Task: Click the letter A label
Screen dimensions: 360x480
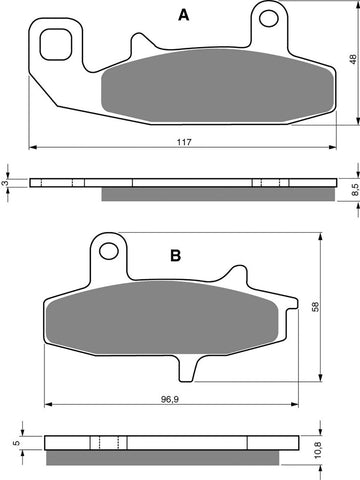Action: point(184,15)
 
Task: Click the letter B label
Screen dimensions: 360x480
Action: point(176,256)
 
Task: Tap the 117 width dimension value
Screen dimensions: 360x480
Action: point(184,142)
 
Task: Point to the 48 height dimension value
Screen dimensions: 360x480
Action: point(354,60)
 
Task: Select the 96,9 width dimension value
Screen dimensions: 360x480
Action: point(170,399)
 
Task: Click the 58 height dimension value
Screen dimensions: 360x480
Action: point(315,307)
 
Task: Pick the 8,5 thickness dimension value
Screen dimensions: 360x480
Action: point(355,190)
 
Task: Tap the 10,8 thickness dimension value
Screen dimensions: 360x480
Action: point(318,449)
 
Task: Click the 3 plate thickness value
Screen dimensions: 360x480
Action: point(4,183)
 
